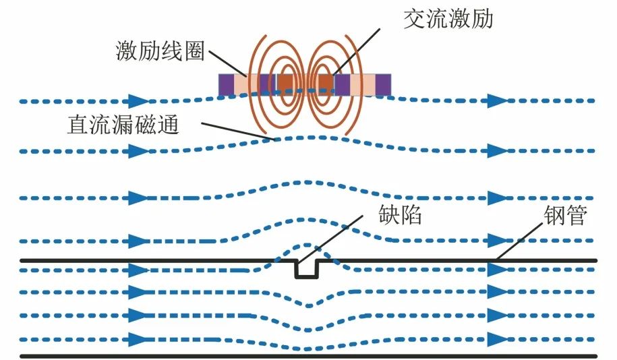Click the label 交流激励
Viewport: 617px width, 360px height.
point(448,19)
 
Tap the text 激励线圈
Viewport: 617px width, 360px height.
point(160,51)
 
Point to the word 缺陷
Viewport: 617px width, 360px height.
point(401,216)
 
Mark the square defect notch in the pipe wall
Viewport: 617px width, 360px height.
point(308,269)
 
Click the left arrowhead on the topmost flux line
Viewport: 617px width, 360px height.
point(138,102)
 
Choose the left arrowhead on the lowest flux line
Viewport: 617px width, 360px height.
point(138,339)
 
